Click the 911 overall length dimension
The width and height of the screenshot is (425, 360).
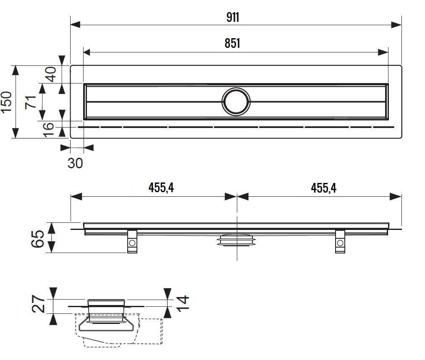233,18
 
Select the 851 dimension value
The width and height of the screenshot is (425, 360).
232,43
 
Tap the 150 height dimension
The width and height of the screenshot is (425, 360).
6,102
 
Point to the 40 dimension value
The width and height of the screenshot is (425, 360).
50,74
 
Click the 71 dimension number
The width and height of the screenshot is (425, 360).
30,102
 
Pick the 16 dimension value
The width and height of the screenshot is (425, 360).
48,130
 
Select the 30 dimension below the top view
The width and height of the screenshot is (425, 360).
75,163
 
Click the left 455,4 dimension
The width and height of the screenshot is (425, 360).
161,188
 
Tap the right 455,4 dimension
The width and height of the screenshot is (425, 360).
324,188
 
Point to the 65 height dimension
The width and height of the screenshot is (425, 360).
37,239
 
